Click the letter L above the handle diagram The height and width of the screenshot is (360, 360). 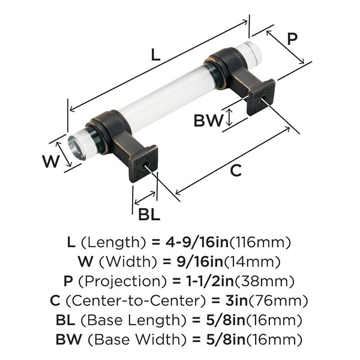coord(155,55)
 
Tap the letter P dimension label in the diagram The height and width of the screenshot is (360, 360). coord(292,39)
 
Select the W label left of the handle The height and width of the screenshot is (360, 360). coord(51,161)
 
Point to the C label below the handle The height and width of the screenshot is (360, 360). coord(236,170)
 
